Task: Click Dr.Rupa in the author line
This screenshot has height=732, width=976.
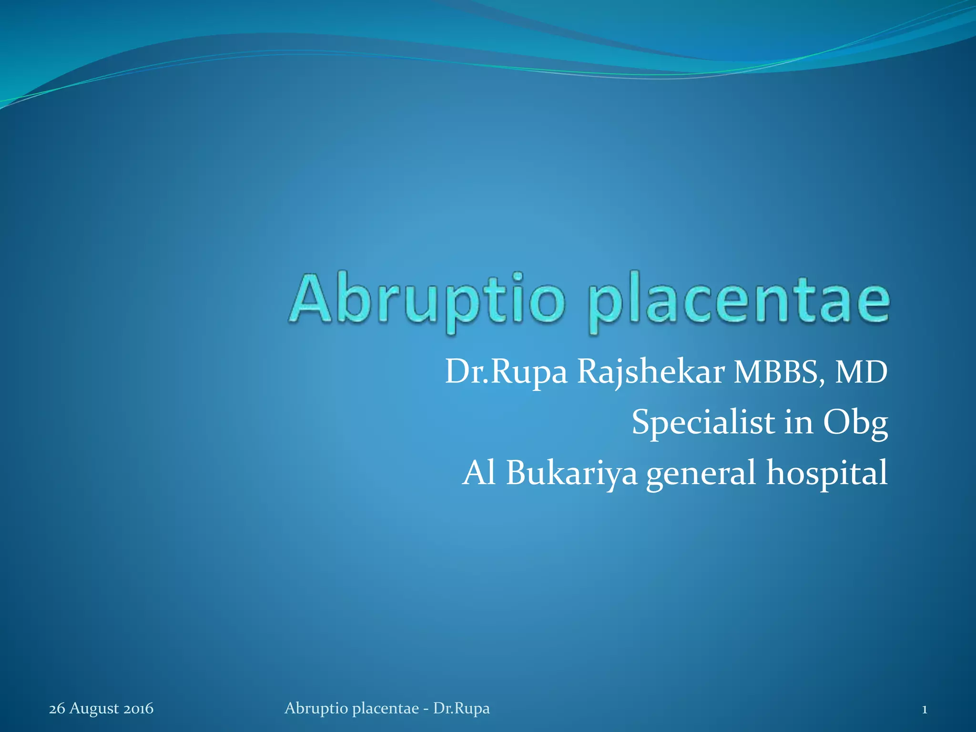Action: point(506,373)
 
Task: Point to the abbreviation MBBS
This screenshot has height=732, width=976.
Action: point(781,373)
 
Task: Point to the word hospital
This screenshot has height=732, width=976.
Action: point(827,474)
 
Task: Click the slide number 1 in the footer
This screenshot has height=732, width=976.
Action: point(924,709)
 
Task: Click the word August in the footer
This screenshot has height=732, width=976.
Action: point(94,709)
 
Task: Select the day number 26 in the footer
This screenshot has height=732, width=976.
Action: point(57,709)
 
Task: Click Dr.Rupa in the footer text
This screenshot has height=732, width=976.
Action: point(461,709)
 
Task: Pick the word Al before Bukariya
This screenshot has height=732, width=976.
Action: point(479,473)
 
